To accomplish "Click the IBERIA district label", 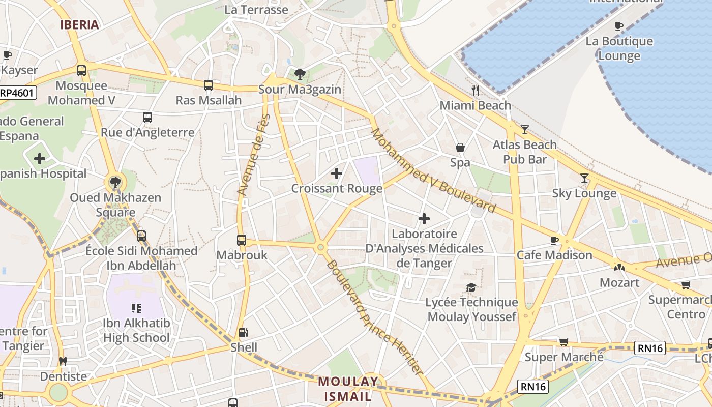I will tap(79, 24).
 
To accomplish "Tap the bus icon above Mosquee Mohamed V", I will tap(81, 71).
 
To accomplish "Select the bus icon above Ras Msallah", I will tap(209, 85).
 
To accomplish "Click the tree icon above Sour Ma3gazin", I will tap(300, 74).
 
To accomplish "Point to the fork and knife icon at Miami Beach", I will tap(476, 91).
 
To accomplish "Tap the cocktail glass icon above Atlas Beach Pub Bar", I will tap(525, 130).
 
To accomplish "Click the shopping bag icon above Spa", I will tap(460, 148).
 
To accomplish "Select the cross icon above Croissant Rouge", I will tap(337, 173).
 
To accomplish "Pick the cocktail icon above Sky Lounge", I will tap(584, 178).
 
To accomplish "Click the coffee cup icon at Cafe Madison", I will tap(554, 240).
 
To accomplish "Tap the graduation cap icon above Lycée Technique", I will tap(471, 287).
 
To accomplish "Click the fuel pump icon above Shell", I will tap(244, 333).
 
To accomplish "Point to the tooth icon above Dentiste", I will tap(63, 362).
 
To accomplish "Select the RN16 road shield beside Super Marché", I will tap(650, 348).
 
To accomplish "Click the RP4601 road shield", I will tap(18, 93).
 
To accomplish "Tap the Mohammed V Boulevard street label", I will tap(433, 170).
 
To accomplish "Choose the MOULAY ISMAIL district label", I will tap(348, 389).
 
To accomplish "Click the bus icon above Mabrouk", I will tap(242, 240).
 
